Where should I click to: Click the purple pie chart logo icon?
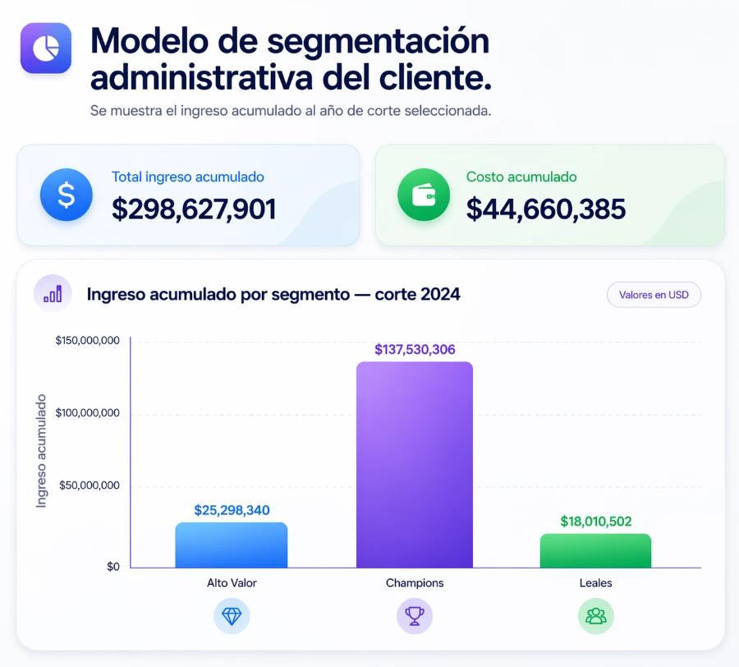[46, 48]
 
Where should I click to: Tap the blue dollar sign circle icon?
[67, 195]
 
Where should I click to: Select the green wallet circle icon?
[424, 195]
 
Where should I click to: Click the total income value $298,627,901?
[194, 209]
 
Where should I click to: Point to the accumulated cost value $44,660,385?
[546, 209]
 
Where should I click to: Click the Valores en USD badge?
[654, 295]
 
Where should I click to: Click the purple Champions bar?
[415, 464]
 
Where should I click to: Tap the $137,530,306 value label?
[415, 349]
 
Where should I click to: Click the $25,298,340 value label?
[232, 510]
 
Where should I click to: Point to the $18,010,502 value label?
[596, 522]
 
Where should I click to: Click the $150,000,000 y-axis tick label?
[88, 340]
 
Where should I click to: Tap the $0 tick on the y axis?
[113, 567]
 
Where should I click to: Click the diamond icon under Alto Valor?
[232, 615]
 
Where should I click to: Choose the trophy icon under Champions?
[415, 615]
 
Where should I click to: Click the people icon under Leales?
[596, 615]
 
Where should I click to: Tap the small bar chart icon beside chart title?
[53, 293]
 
